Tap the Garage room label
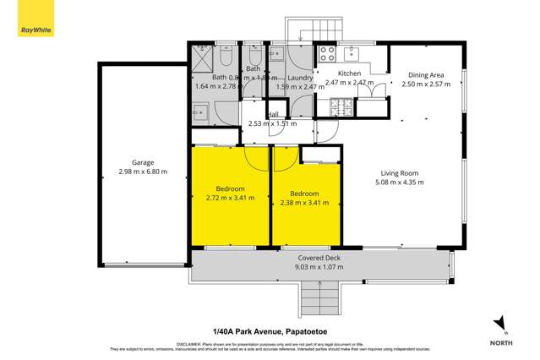point(143,162)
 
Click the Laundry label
point(301,78)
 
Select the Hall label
point(273,115)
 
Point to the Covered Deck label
point(319,257)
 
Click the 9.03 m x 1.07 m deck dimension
point(319,267)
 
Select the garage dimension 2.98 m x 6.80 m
point(143,172)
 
